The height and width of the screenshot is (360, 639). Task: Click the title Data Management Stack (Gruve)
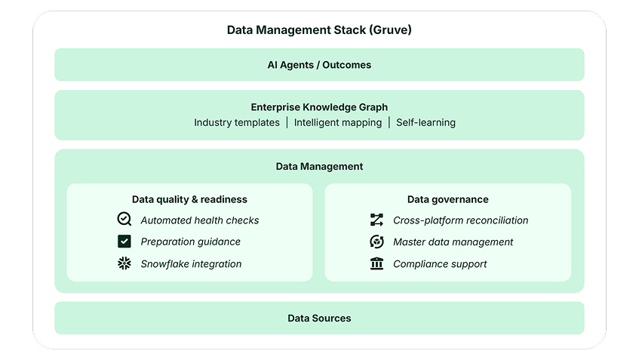(319, 30)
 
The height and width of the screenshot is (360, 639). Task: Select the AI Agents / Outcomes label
(319, 65)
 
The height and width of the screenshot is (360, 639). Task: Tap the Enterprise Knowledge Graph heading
(319, 107)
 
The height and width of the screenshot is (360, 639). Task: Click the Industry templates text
(237, 122)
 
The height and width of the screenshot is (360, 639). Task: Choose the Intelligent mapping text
(338, 122)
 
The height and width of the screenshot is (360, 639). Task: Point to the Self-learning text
(425, 122)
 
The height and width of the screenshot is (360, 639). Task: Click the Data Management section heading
(319, 166)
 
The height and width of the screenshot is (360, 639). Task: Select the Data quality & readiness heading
(189, 199)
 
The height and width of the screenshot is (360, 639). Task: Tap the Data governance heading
(447, 199)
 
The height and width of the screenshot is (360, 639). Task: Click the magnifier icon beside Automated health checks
(124, 220)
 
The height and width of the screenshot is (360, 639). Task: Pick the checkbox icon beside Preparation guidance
(124, 242)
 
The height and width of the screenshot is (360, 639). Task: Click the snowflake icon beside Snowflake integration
(124, 263)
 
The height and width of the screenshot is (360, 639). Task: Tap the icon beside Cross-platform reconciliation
(376, 220)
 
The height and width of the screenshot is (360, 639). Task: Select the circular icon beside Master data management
(376, 242)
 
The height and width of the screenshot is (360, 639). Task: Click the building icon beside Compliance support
(376, 263)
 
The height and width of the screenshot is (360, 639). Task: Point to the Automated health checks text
(199, 220)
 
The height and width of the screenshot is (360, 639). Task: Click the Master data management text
(453, 242)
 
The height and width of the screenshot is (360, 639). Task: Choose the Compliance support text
(440, 264)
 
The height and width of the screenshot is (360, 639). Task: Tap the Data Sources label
(319, 318)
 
